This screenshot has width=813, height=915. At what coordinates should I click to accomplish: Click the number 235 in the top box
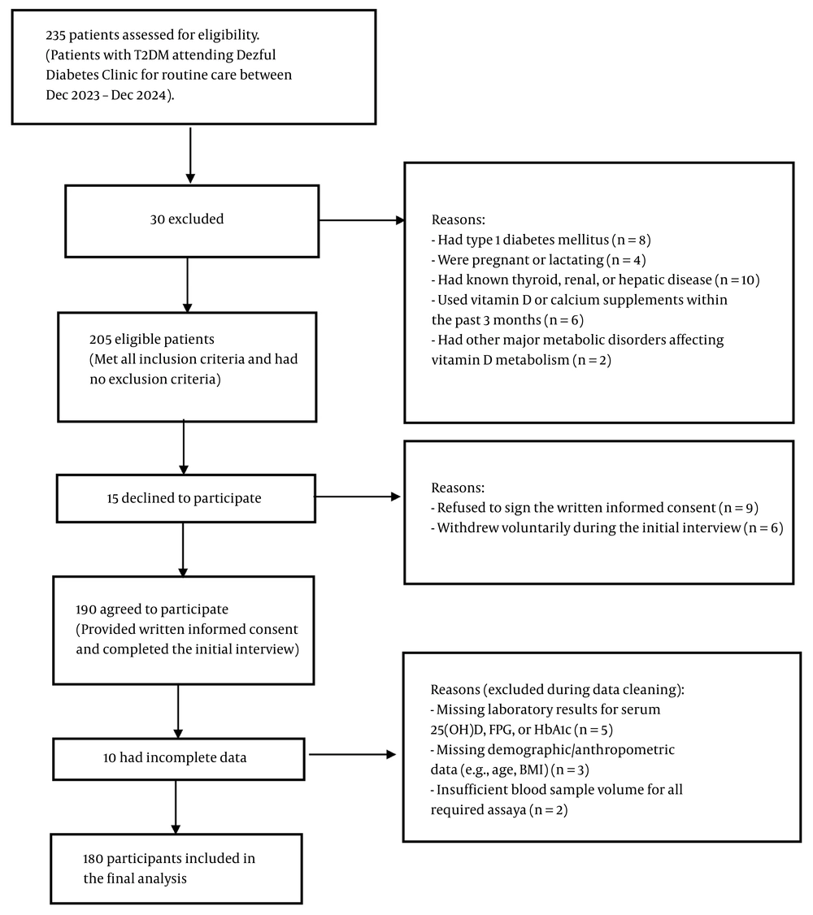(x=55, y=35)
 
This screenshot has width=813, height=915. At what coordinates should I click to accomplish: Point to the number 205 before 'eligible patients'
(x=100, y=339)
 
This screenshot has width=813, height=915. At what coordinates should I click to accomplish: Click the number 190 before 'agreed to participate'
(x=86, y=609)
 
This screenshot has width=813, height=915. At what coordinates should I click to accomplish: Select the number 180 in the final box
(x=93, y=858)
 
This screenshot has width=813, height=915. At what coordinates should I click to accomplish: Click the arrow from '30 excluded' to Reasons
(x=362, y=220)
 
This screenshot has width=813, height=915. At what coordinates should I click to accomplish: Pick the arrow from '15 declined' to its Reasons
(x=359, y=497)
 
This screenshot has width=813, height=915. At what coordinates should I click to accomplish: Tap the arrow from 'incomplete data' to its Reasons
(x=353, y=755)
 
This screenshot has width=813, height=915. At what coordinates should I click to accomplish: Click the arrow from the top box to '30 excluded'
(x=190, y=155)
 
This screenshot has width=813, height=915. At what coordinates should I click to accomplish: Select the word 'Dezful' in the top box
(x=256, y=55)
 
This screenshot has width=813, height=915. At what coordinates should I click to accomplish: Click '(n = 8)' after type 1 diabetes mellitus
(x=632, y=240)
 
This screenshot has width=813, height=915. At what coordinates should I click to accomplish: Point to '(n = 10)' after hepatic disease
(x=737, y=280)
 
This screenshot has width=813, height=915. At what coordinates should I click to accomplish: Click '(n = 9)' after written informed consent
(x=738, y=508)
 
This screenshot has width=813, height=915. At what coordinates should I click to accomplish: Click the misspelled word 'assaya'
(x=506, y=810)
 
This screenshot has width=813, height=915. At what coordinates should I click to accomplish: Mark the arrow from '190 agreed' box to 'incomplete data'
(x=178, y=711)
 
